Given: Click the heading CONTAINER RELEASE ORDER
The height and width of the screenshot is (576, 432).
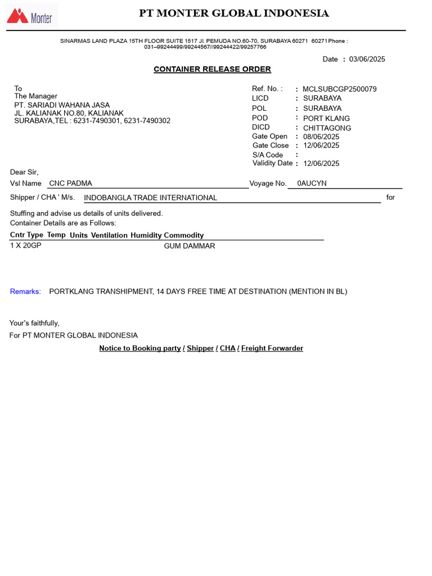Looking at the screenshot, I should point(212,69).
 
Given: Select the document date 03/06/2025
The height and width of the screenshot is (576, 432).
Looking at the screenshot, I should point(367,59).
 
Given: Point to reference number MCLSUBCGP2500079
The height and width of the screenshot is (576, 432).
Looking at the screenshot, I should point(339,89).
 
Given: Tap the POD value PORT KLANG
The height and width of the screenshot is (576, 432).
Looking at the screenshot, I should point(326,118).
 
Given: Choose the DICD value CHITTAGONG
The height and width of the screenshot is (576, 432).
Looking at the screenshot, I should point(327,128).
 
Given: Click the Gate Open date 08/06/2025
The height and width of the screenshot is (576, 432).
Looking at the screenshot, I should point(321,136).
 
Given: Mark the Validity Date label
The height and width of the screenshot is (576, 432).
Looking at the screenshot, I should point(272,163).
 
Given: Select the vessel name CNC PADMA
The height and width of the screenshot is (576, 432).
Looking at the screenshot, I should point(70,183).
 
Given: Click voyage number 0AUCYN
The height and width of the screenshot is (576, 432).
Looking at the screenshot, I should point(312,183).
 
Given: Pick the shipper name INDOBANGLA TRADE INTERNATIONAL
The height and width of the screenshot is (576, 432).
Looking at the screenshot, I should point(150,198).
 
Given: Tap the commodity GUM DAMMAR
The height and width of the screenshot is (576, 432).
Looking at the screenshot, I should point(190,246).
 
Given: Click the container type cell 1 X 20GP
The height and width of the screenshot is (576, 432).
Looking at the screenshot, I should point(25,246).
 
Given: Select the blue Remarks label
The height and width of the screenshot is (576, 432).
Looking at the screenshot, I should point(25,291).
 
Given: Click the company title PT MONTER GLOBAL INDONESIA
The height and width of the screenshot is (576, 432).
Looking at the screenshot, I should point(234,13).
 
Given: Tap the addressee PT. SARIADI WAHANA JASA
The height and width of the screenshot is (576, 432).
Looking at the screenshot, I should point(62,105).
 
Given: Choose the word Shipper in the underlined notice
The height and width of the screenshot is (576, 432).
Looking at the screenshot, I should point(200,348).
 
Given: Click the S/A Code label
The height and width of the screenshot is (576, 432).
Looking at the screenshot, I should point(267,155).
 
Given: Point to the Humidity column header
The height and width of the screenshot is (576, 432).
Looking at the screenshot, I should point(146,235).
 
